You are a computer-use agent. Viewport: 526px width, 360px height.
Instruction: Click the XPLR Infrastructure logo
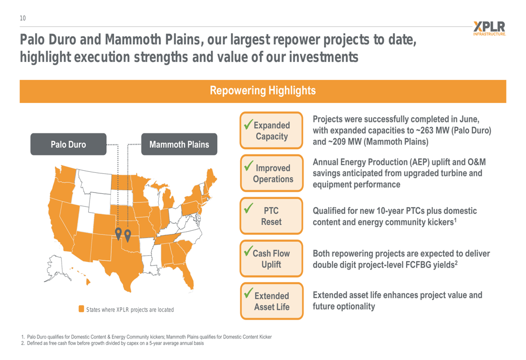(x=489, y=28)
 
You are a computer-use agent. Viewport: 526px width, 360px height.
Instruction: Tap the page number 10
(x=23, y=18)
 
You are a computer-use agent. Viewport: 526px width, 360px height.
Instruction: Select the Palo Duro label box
(x=68, y=144)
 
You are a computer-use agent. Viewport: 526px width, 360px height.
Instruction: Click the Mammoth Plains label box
(x=179, y=144)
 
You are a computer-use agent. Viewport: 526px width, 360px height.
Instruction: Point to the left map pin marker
(x=118, y=233)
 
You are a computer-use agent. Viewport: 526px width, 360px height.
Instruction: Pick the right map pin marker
(x=127, y=235)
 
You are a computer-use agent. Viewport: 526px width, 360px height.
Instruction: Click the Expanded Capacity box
(x=271, y=130)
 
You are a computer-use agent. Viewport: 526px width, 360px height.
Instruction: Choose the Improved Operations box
(x=271, y=173)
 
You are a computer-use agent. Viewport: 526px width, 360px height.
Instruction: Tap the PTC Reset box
(x=271, y=216)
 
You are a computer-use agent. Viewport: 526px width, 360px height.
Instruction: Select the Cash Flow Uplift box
(x=271, y=259)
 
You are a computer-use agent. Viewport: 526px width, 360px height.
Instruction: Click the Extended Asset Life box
(x=271, y=301)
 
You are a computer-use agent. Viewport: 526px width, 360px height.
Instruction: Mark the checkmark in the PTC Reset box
(x=248, y=208)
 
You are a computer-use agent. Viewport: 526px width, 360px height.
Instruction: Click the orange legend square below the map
(x=81, y=308)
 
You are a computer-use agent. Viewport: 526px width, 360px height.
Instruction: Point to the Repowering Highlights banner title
(x=262, y=90)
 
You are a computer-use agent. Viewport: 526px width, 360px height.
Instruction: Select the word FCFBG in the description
(x=418, y=265)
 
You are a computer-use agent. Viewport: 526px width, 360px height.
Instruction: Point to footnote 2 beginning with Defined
(x=113, y=343)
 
